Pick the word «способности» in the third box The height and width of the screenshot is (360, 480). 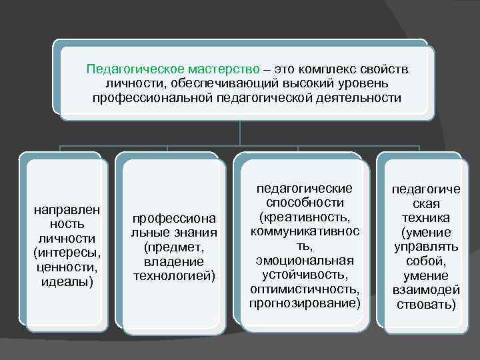pos(305,202)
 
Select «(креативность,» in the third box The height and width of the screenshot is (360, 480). pos(305,217)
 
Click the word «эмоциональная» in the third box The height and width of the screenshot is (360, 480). pos(305,260)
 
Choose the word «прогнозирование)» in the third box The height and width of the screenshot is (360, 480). pos(305,304)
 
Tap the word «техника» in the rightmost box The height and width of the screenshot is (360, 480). pos(425,218)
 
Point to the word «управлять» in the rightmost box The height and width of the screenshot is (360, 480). pos(425,247)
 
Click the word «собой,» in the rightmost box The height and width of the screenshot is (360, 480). pos(425,261)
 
